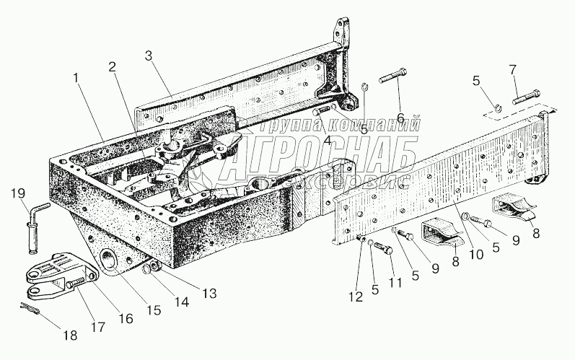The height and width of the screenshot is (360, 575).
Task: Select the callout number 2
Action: click(x=112, y=66)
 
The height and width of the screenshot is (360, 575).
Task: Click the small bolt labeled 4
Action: click(x=320, y=111)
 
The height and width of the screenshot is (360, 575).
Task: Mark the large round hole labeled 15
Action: click(x=110, y=261)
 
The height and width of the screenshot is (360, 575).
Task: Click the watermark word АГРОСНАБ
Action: click(x=317, y=154)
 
